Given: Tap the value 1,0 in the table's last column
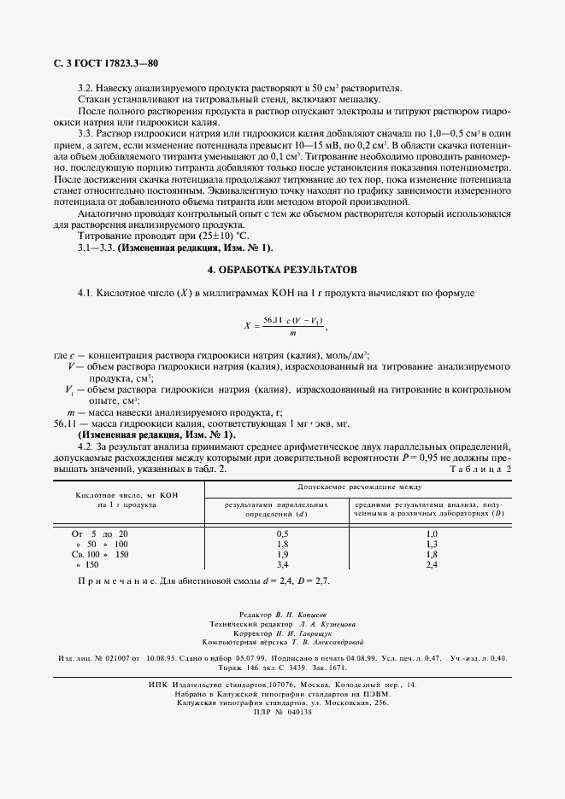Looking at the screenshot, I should (431, 533).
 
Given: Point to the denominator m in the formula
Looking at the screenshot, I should (292, 333).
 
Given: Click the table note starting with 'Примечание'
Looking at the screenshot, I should (203, 580).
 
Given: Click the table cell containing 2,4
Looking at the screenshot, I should (431, 564).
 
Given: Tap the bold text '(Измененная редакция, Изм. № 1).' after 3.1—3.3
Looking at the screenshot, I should (195, 247).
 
